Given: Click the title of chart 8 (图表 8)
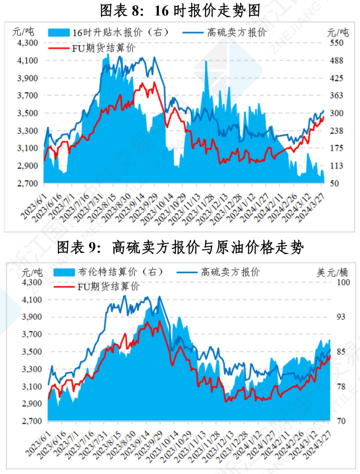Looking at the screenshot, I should pos(180,11).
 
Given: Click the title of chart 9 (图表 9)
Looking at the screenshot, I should pos(180,247).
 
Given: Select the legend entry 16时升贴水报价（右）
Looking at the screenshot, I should pos(108,32).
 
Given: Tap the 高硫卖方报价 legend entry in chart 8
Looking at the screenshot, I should pos(225,32).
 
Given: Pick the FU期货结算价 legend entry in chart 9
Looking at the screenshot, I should pos(97,286).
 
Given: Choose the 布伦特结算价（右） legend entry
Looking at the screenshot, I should pos(108,272).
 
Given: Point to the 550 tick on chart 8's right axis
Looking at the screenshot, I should pos(336,43).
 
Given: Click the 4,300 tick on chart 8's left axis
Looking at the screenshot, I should pos(27,43).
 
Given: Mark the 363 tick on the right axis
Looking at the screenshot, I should pos(336,96).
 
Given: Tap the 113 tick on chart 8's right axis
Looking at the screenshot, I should pos(336,166).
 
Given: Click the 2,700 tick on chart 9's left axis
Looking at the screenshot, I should pos(32,421).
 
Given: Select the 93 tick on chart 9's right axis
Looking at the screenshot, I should pos(341,317).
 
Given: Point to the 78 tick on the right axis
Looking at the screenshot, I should pos(341,387).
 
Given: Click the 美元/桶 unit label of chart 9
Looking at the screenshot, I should pos(332,272).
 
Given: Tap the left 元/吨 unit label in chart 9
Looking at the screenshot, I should pos(32,272).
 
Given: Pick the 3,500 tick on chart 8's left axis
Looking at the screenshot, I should pos(27,113).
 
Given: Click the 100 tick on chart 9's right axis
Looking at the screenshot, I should pos(343,282).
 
